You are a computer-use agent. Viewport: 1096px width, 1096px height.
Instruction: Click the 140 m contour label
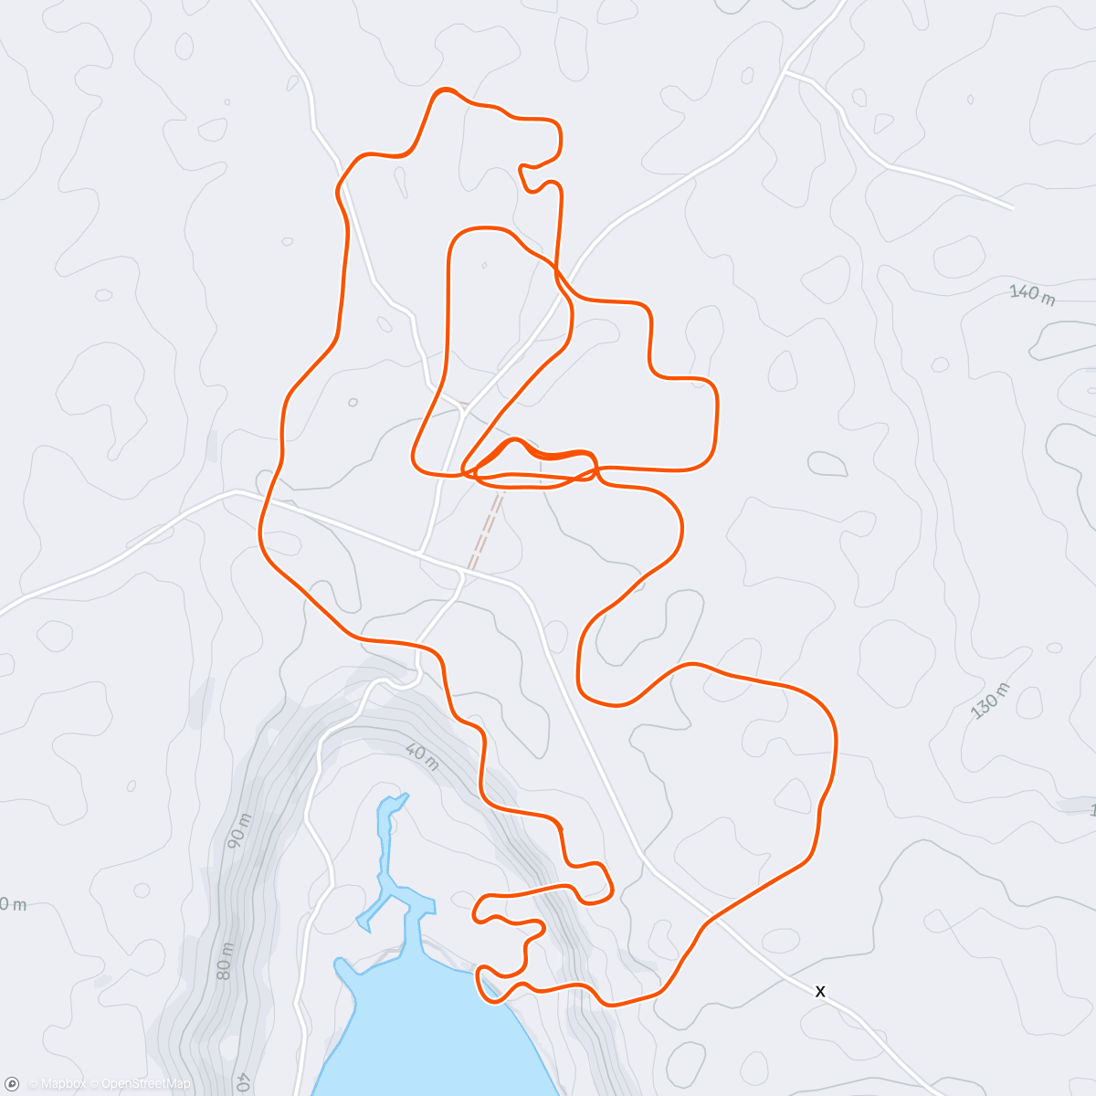(x=1032, y=294)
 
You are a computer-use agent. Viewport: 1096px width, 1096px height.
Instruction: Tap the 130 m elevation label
(x=990, y=701)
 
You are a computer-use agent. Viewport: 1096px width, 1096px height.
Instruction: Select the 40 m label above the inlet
(x=420, y=757)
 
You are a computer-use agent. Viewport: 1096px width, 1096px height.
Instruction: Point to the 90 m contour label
(x=239, y=828)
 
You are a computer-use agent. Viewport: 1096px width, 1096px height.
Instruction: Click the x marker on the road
(x=820, y=991)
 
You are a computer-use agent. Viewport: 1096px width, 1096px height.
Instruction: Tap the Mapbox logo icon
(x=12, y=1083)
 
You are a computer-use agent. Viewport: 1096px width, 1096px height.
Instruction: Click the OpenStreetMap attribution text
(x=145, y=1084)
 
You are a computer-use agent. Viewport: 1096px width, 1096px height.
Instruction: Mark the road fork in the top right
(x=785, y=69)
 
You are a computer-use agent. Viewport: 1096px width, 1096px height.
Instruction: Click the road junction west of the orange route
(x=237, y=491)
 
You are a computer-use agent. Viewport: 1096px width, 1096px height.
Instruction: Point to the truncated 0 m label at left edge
(x=11, y=905)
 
